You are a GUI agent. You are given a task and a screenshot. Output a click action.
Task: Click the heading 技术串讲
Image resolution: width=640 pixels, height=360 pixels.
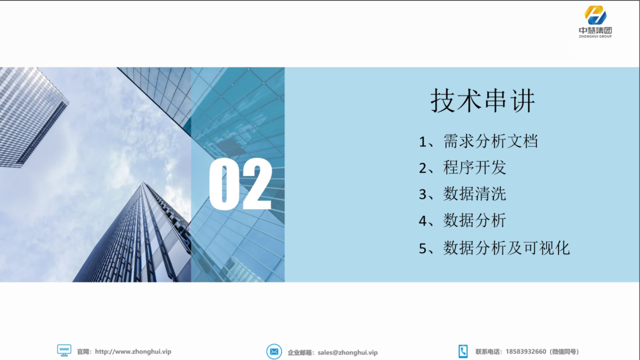[482, 100]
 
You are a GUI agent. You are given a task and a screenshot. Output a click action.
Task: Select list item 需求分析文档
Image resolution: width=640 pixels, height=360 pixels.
[490, 141]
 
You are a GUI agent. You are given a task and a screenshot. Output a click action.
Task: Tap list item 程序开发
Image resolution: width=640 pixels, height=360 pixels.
[475, 167]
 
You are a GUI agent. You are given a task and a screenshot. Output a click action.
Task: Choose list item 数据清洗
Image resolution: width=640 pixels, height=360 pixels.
[475, 194]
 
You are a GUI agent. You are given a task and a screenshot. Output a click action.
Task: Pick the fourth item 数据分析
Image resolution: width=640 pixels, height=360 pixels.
[475, 220]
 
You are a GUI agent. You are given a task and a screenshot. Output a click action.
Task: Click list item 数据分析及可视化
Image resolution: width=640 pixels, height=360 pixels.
[506, 248]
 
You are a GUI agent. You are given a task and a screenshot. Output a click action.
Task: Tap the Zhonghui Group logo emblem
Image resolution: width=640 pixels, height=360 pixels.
[595, 15]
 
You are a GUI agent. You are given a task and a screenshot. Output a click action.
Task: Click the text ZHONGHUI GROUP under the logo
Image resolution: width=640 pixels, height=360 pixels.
[595, 36]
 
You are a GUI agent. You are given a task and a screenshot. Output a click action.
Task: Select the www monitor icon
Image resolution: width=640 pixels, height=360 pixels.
[64, 351]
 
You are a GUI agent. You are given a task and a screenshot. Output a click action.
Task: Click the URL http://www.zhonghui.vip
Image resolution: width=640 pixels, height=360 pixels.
[133, 351]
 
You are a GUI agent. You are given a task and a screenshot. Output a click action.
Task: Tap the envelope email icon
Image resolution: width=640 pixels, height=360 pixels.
[274, 351]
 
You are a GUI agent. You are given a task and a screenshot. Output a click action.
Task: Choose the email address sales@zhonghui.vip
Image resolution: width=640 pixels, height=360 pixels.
[348, 352]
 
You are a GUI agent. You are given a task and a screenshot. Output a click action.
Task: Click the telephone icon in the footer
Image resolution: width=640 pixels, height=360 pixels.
[463, 351]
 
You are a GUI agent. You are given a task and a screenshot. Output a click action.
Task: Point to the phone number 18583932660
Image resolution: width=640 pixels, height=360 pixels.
[526, 351]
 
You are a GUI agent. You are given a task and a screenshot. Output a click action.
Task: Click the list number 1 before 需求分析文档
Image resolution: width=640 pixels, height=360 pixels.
[422, 142]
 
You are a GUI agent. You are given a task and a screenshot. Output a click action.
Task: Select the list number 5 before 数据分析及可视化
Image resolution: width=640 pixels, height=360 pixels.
[422, 249]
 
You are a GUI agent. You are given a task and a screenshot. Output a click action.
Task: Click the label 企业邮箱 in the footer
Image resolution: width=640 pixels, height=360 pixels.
[300, 352]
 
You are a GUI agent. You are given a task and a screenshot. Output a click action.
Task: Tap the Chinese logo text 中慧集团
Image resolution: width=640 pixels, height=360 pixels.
[595, 30]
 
